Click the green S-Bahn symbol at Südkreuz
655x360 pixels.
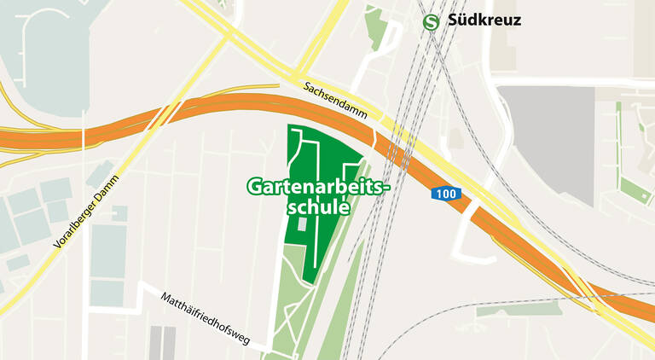pos(432,21)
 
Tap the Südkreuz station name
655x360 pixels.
pos(484,20)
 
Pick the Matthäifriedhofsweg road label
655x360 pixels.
pos(205,318)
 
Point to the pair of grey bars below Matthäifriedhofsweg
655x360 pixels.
pos(162,342)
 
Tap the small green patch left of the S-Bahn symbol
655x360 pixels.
pos(374,26)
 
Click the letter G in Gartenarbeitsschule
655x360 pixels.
pos(254,187)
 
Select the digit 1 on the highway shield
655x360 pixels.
pos(439,195)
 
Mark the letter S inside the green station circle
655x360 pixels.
pos(432,21)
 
